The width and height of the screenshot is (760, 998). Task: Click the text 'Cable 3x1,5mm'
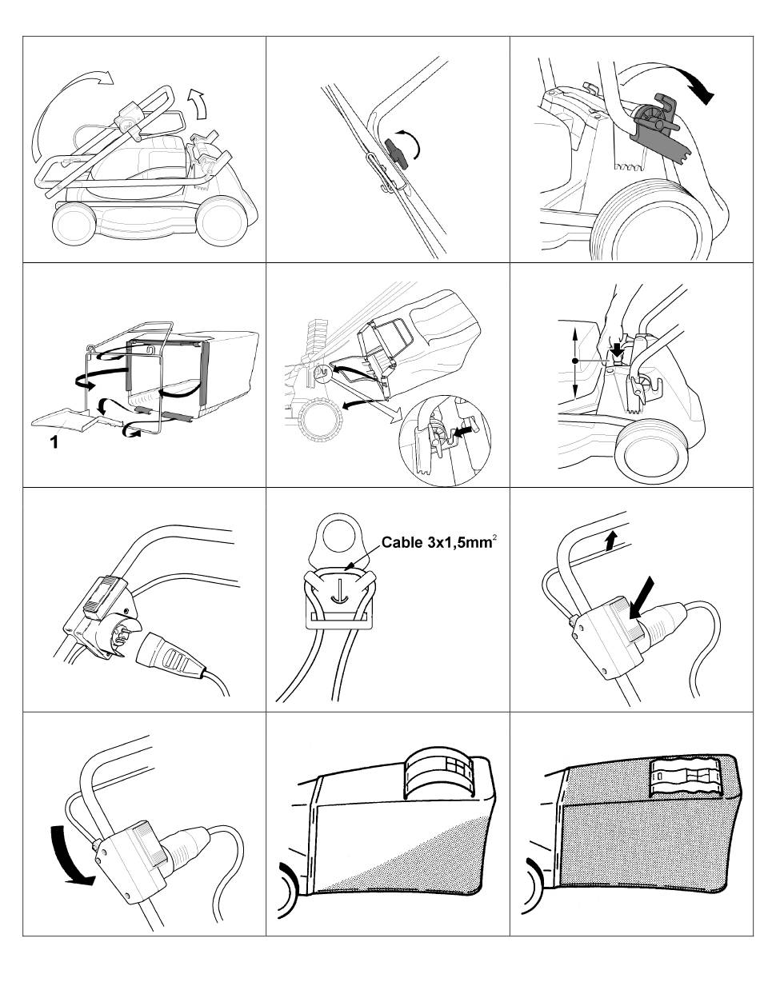(437, 542)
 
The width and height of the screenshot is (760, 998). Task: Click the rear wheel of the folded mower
(223, 220)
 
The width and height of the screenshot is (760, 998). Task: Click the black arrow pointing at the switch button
(642, 599)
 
